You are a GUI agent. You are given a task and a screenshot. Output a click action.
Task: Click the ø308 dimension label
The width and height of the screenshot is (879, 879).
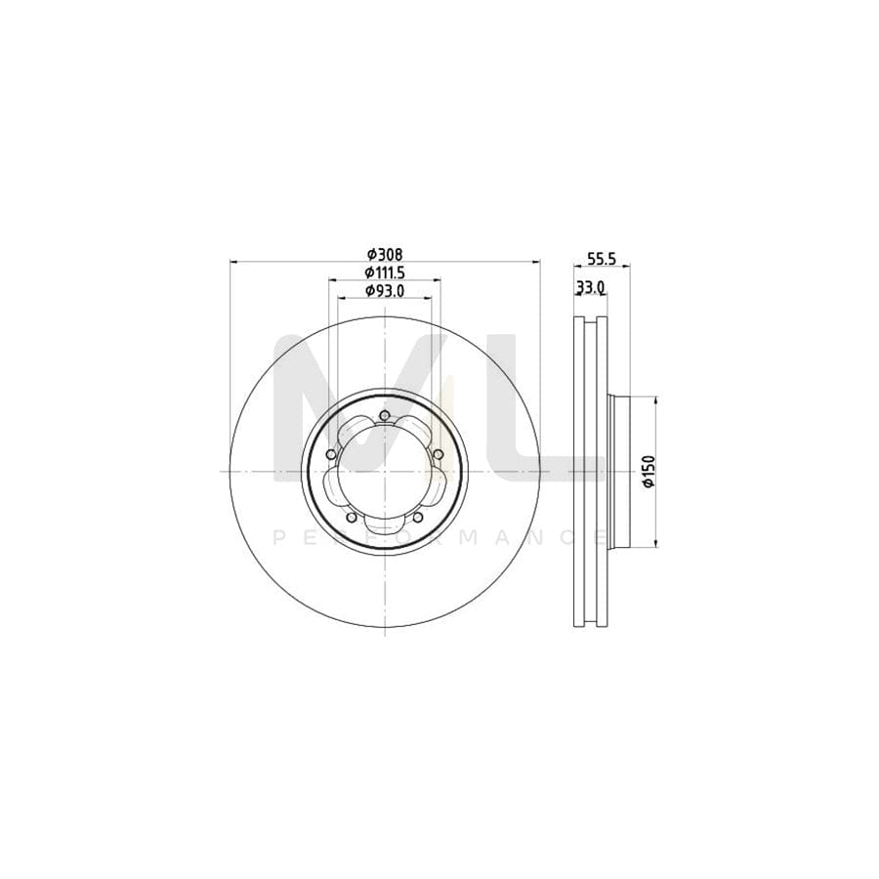[385, 254]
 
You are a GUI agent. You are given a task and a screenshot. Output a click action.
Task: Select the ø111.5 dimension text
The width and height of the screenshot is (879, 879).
[385, 272]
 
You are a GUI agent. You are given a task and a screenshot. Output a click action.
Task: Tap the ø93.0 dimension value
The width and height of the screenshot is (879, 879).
[385, 291]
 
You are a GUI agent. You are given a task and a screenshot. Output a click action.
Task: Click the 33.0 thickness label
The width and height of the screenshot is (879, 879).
[591, 287]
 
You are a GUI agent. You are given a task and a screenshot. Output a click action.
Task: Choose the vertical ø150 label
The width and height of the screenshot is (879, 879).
[646, 471]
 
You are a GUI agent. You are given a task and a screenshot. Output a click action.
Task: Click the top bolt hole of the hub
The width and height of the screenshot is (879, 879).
[385, 417]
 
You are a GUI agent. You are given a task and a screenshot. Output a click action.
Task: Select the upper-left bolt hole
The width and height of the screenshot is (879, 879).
[332, 455]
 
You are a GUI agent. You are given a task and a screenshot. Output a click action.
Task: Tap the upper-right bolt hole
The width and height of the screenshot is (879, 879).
[438, 455]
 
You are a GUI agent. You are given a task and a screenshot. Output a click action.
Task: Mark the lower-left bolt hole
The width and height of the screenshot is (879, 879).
[352, 518]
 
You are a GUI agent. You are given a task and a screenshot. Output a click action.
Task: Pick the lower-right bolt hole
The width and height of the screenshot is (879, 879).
[418, 518]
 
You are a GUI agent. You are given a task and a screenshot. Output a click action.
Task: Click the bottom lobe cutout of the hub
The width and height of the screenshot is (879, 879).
[385, 525]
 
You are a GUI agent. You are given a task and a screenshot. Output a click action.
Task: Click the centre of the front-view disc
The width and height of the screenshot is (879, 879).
[385, 471]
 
